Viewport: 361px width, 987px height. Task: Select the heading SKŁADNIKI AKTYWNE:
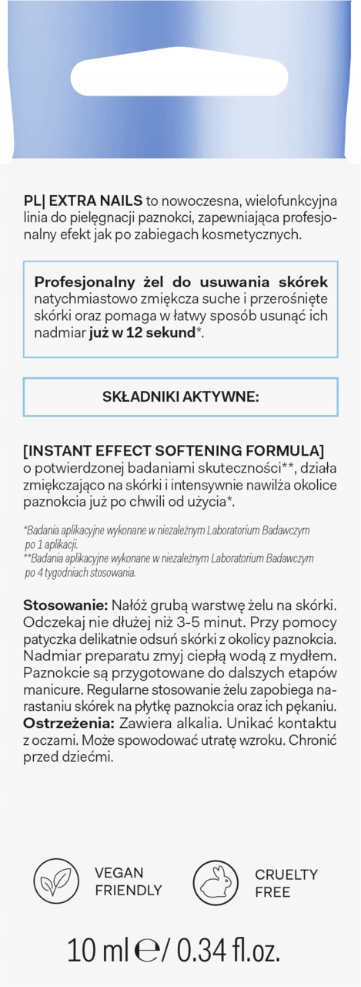[x=181, y=396]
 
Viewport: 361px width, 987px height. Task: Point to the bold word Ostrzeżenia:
[x=69, y=722]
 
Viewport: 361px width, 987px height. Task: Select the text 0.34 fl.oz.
[x=229, y=949]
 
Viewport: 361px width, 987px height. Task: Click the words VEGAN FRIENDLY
[x=128, y=881]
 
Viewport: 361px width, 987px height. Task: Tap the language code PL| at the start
[x=33, y=200]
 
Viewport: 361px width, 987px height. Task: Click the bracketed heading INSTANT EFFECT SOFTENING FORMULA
[x=173, y=450]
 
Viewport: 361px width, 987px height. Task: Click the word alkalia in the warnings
[x=216, y=722]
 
